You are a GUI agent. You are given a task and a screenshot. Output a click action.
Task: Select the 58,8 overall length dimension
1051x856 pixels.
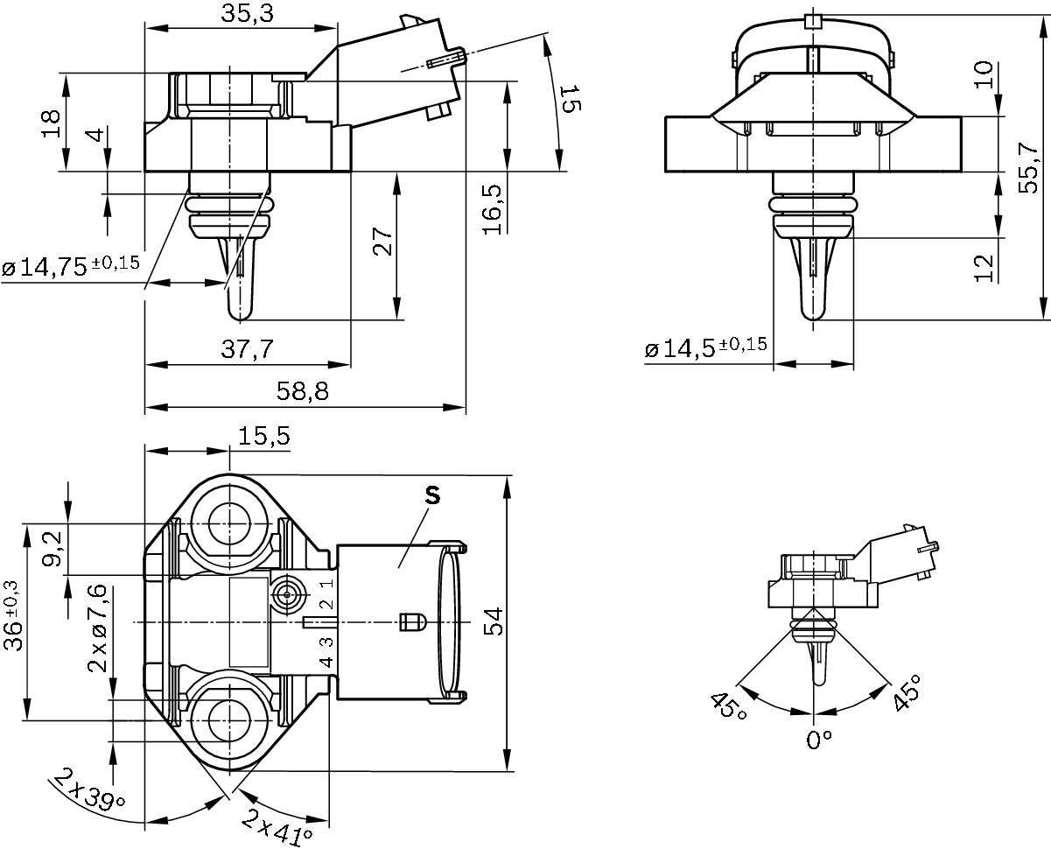pos(304,391)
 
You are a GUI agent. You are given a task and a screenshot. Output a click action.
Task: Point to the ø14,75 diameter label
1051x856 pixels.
pos(71,267)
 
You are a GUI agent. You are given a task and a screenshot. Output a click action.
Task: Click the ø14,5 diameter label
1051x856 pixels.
pos(705,349)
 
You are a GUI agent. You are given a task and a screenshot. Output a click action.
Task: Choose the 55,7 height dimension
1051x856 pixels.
pos(1029,166)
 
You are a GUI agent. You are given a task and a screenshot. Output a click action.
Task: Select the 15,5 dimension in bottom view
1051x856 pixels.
pos(263,436)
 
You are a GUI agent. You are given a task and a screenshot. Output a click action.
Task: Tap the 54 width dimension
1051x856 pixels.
pos(493,622)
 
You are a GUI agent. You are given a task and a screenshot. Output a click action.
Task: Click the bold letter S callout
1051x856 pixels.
pos(431,495)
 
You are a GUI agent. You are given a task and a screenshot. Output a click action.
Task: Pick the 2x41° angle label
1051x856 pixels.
pos(278,827)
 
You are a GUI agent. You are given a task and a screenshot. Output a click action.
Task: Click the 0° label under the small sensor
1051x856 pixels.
pos(818,740)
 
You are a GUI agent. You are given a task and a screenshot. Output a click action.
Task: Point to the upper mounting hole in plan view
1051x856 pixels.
pos(229,524)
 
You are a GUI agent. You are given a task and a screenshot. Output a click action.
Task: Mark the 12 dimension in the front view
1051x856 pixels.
pos(985,268)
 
